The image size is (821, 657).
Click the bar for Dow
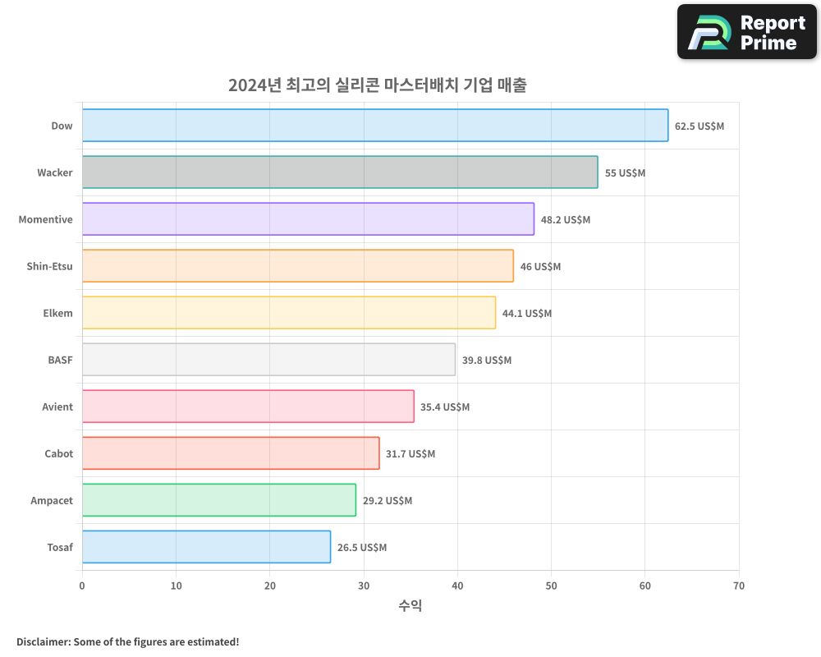375,126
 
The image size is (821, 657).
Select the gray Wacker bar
340,172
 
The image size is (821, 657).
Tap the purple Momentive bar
308,219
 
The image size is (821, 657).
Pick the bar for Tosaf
206,547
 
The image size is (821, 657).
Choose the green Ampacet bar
218,500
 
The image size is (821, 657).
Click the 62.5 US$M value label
699,126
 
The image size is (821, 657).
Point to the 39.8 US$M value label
487,361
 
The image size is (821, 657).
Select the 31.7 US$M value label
410,454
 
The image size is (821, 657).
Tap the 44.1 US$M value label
527,314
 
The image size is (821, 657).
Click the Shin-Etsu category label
49,266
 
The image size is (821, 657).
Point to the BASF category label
60,360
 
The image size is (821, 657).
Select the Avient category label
57,407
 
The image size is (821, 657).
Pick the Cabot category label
58,453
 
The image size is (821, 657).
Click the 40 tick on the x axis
457,586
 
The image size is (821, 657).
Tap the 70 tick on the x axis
739,586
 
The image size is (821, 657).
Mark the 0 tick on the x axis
82,586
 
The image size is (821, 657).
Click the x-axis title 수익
410,606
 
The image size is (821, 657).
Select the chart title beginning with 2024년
378,85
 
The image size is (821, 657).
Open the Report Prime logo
747,32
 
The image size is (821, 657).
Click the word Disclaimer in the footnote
42,641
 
